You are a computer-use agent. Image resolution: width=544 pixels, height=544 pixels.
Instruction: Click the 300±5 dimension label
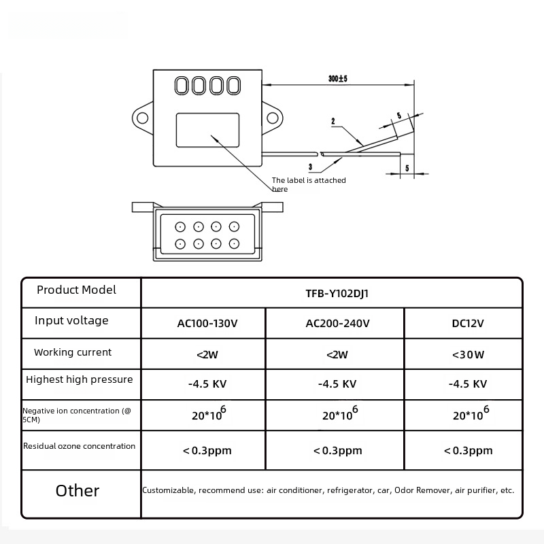[x=337, y=79]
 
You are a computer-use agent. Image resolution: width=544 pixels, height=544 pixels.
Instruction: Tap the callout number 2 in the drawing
[x=333, y=122]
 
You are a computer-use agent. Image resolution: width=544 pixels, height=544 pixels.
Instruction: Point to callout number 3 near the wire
[x=310, y=166]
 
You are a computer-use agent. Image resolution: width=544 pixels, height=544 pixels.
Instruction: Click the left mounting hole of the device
[x=142, y=118]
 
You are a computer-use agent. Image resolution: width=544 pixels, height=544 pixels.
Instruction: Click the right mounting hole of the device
[x=273, y=118]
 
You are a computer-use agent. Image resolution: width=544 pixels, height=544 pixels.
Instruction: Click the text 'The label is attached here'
[x=309, y=184]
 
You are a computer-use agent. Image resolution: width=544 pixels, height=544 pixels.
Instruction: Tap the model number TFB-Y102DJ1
[x=331, y=294]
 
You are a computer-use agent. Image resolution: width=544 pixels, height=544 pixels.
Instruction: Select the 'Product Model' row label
[x=76, y=290]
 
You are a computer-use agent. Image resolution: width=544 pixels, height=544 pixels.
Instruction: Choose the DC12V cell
[x=468, y=324]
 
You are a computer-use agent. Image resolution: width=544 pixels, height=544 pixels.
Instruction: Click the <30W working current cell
[x=468, y=354]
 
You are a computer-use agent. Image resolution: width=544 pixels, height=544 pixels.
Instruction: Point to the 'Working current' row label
[x=73, y=352]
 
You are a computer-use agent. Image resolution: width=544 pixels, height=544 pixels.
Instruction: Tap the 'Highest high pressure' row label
[x=79, y=379]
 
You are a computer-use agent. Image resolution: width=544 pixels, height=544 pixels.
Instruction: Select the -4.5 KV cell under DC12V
[x=468, y=384]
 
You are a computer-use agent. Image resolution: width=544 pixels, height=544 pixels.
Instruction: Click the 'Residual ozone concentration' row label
[x=79, y=446]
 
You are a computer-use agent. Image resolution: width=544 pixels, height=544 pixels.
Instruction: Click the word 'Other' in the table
[x=78, y=491]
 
